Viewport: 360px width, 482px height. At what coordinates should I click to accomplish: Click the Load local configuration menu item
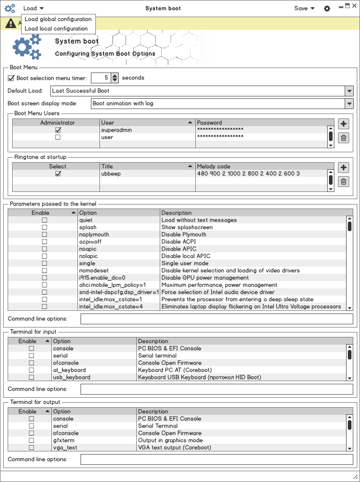click(x=56, y=28)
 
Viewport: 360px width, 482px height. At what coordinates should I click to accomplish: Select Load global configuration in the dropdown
click(x=58, y=19)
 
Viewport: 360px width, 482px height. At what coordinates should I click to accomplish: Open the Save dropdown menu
click(x=304, y=8)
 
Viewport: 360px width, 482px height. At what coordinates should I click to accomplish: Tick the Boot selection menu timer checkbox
click(x=11, y=78)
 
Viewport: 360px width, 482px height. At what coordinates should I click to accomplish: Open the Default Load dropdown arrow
click(x=349, y=91)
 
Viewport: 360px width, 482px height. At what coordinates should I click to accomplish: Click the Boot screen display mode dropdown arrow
click(x=349, y=103)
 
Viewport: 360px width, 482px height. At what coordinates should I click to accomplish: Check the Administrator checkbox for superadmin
click(x=58, y=130)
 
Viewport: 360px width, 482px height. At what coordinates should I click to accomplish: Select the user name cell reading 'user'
click(x=107, y=137)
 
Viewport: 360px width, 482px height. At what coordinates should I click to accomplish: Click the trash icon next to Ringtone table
click(x=343, y=182)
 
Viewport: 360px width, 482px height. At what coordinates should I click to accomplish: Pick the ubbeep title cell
click(x=111, y=173)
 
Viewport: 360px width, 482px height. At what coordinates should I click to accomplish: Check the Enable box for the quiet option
click(x=44, y=220)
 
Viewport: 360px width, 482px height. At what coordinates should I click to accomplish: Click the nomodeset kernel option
click(x=94, y=270)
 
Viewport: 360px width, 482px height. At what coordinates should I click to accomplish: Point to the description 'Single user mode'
click(x=185, y=263)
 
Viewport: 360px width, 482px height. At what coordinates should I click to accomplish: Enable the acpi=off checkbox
click(x=44, y=241)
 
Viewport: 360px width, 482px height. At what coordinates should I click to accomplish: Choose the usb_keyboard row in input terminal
click(x=72, y=377)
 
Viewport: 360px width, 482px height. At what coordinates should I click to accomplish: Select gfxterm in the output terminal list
click(x=65, y=440)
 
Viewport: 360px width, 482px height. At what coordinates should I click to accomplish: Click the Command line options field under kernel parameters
click(x=216, y=319)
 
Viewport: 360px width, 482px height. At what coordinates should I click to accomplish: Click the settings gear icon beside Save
click(x=327, y=9)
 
